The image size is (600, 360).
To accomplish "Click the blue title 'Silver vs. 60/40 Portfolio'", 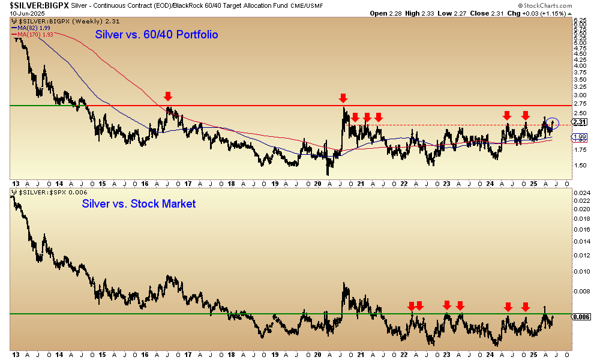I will coord(157,35).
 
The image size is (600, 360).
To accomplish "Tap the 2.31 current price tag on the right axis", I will coord(580,122).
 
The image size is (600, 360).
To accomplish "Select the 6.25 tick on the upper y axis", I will coord(580,20).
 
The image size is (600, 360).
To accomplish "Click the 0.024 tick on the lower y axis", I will coord(581,193).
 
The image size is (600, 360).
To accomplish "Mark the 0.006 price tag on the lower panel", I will coord(581,317).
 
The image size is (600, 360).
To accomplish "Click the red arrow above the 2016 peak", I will coord(168,96).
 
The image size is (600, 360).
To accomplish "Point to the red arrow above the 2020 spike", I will coord(343,97).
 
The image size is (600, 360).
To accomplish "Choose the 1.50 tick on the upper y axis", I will coord(580,166).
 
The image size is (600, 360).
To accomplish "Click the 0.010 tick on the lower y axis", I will coord(581,271).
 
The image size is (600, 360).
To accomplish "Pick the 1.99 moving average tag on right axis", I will coord(580,137).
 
